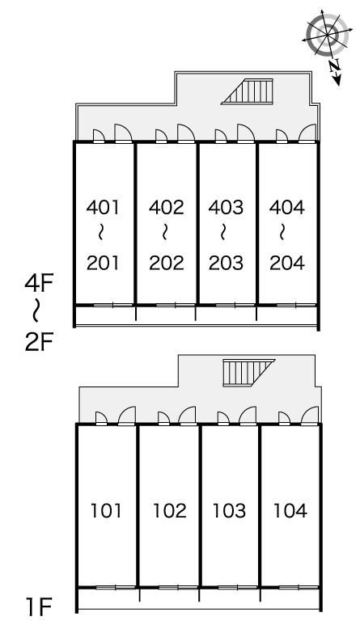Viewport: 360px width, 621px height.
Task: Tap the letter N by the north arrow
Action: pyautogui.click(x=335, y=65)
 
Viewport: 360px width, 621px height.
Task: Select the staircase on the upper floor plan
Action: pyautogui.click(x=247, y=91)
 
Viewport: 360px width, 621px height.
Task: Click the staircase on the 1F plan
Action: pyautogui.click(x=248, y=372)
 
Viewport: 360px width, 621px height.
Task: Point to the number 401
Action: pyautogui.click(x=103, y=207)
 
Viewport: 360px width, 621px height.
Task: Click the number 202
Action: pyautogui.click(x=167, y=263)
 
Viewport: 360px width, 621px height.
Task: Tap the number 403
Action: pyautogui.click(x=227, y=207)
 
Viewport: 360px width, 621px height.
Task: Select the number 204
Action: pyautogui.click(x=287, y=263)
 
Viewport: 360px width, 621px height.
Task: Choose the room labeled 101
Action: pyautogui.click(x=106, y=510)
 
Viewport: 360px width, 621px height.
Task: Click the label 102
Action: pyautogui.click(x=170, y=510)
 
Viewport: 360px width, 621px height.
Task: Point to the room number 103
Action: pyautogui.click(x=229, y=510)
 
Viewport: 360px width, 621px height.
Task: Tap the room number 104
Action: pyautogui.click(x=290, y=510)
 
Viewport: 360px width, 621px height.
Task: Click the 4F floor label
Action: pyautogui.click(x=39, y=284)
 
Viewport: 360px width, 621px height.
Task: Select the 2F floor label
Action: pyautogui.click(x=39, y=343)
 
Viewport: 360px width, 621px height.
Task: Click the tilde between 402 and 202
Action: pyautogui.click(x=165, y=233)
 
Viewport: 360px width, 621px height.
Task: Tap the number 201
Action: pyautogui.click(x=103, y=263)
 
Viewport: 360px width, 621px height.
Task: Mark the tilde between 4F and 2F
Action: pyautogui.click(x=36, y=310)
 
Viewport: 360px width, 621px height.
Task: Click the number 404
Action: pyautogui.click(x=287, y=207)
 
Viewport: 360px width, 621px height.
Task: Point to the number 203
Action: pyautogui.click(x=227, y=263)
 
